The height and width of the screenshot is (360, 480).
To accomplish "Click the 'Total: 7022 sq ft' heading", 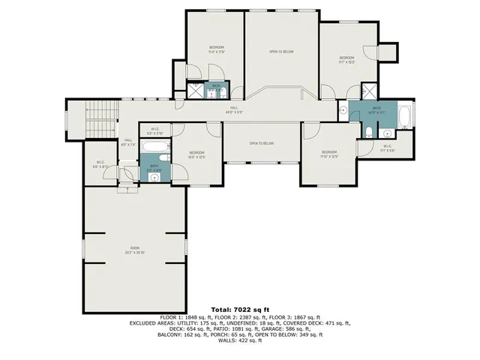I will [240, 309].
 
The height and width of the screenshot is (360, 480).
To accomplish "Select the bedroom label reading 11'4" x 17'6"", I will [216, 49].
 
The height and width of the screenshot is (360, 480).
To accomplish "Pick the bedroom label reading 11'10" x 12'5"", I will [329, 155].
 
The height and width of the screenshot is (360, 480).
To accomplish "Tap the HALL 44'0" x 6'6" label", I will [235, 110].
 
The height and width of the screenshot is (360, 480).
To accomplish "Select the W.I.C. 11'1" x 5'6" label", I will [387, 148].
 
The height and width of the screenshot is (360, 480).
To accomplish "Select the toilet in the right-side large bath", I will [369, 133].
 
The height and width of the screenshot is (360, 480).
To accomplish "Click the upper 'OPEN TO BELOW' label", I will [281, 52].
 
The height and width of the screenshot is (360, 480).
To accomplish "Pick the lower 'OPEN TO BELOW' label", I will [262, 143].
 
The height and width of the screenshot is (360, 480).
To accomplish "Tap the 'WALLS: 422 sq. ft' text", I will [240, 341].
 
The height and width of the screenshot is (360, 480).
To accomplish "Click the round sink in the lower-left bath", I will [154, 178].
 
